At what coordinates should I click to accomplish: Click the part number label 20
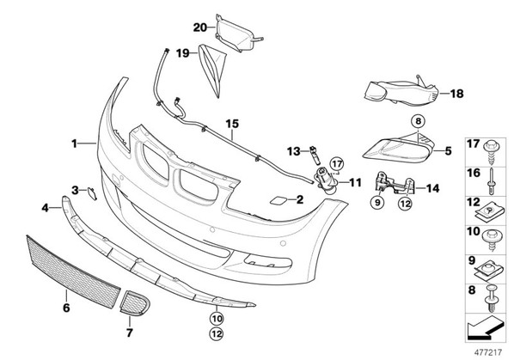(200, 27)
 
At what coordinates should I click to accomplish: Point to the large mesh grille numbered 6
(74, 272)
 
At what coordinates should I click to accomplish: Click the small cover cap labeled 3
(92, 193)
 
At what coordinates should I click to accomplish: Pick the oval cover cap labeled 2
(278, 200)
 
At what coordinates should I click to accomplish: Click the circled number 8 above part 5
(418, 121)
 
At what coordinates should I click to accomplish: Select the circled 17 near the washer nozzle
(337, 163)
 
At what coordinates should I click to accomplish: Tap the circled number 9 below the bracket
(377, 203)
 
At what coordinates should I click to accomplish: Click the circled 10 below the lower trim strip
(217, 318)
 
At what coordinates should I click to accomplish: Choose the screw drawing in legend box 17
(491, 151)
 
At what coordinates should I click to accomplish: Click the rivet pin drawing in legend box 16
(492, 180)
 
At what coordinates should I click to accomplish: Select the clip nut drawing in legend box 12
(488, 212)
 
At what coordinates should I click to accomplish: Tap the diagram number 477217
(488, 352)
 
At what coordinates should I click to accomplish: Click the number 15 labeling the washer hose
(232, 124)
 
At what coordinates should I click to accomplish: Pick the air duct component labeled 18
(401, 93)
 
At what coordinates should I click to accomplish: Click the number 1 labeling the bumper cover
(75, 143)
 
